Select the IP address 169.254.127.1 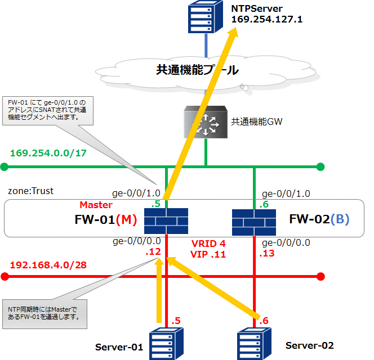point(266,19)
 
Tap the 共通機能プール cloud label point(197,70)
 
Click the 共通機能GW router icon point(206,123)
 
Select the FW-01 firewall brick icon point(166,221)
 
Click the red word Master point(96,205)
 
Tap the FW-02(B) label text point(319,219)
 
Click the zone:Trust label point(31,191)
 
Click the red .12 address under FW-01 point(153,253)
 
